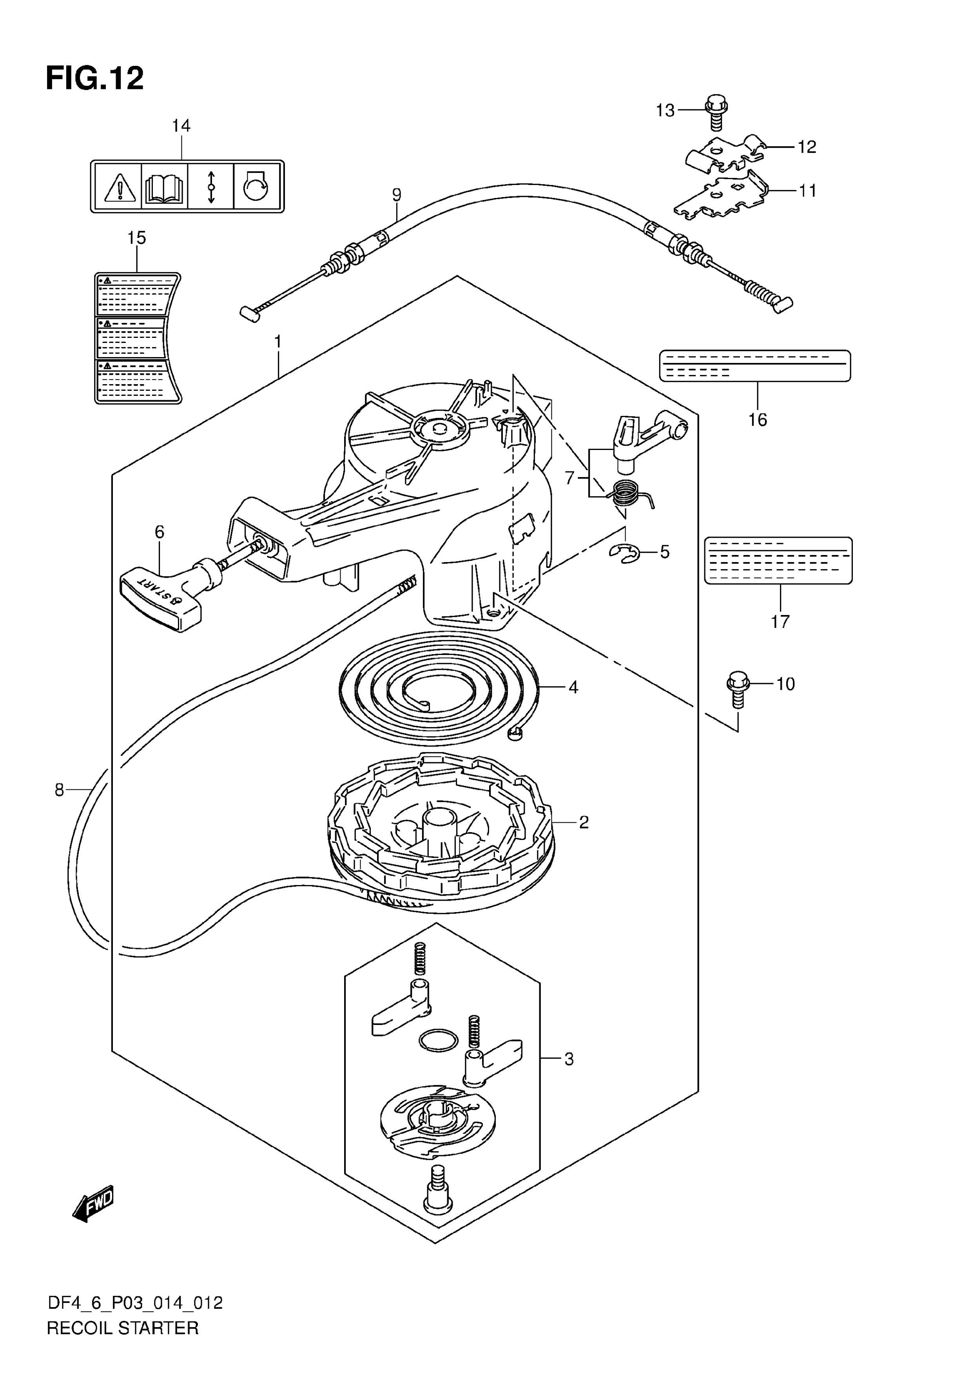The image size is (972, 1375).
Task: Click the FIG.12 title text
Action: [94, 78]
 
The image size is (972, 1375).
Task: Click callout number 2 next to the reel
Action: [584, 822]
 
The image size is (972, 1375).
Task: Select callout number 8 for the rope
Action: [59, 791]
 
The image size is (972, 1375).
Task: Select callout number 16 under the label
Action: [758, 420]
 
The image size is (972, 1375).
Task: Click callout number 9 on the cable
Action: [397, 195]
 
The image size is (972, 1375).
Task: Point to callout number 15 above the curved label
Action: [136, 238]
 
